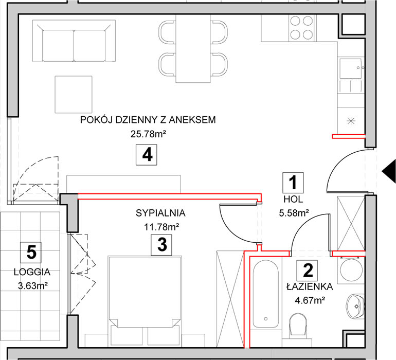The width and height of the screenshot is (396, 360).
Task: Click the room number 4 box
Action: (147, 155)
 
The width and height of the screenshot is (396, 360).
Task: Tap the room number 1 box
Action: (293, 183)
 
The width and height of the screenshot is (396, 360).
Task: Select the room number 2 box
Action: (307, 271)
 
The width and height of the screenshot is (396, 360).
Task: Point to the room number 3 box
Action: (161, 245)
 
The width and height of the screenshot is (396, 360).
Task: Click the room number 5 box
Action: (31, 252)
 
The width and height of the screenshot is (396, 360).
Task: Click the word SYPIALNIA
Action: (160, 213)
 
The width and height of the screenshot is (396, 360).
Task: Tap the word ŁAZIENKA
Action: (310, 286)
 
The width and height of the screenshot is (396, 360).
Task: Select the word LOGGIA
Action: (32, 272)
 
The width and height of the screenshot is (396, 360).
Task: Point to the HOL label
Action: (293, 200)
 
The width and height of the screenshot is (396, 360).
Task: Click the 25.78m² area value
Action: (148, 134)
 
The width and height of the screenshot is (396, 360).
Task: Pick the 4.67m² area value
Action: (310, 300)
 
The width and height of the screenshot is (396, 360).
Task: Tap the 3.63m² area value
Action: (33, 286)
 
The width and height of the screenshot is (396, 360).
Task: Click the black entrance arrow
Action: (389, 171)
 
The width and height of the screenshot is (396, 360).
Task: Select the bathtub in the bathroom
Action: (266, 294)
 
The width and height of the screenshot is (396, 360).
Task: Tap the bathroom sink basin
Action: (355, 306)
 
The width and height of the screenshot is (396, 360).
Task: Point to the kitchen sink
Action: (350, 68)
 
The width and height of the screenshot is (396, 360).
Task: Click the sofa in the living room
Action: (74, 41)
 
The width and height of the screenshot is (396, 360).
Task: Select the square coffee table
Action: (74, 95)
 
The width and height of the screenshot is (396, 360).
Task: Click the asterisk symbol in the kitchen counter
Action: (351, 121)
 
